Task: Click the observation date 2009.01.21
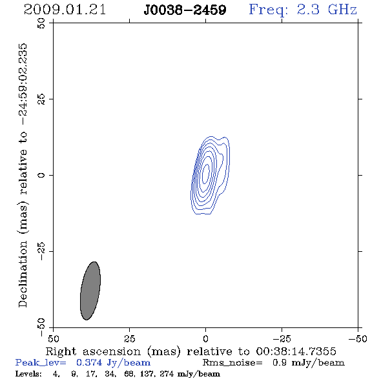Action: tap(65, 10)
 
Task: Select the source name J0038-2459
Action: tap(185, 10)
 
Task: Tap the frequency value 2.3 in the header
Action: tap(308, 10)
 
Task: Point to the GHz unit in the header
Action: tap(342, 10)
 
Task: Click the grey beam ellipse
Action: tap(90, 291)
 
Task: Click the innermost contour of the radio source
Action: tap(206, 174)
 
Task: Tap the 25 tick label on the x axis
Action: tap(129, 338)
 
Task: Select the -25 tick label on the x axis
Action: tap(282, 338)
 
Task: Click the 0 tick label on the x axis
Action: tap(205, 338)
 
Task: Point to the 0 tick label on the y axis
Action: tap(41, 175)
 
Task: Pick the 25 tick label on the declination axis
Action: tap(41, 99)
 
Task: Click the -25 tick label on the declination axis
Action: tap(41, 251)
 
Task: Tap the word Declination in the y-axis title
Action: tap(23, 274)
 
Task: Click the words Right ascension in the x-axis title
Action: tap(93, 351)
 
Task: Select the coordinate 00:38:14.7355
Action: tap(296, 351)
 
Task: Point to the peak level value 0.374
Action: tap(89, 362)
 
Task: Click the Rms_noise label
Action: tap(232, 363)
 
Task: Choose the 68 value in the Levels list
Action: tap(129, 374)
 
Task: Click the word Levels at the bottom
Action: tap(28, 374)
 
